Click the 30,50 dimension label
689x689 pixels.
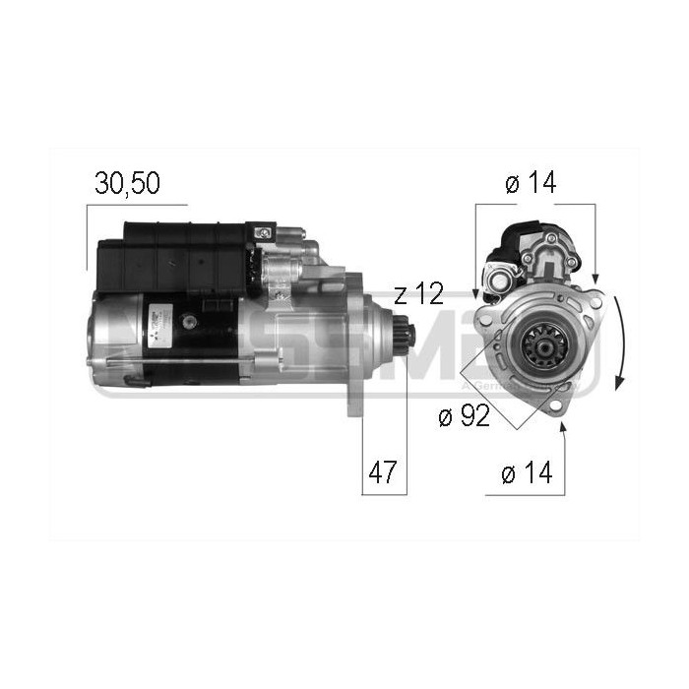(x=127, y=183)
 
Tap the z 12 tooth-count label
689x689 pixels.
(x=419, y=293)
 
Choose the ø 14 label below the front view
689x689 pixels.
(x=527, y=474)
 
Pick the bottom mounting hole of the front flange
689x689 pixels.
(x=556, y=407)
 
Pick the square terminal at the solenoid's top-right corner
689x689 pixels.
(x=265, y=233)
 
